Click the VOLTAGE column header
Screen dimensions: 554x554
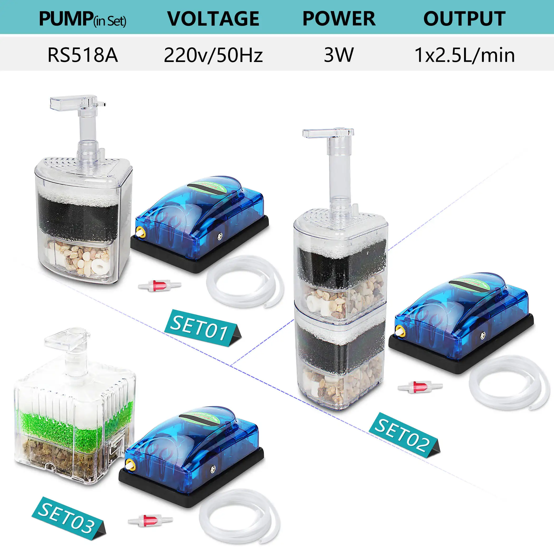pyautogui.click(x=213, y=19)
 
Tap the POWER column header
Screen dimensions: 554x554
pyautogui.click(x=339, y=19)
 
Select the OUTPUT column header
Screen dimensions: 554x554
pyautogui.click(x=464, y=19)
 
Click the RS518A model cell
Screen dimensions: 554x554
pyautogui.click(x=83, y=55)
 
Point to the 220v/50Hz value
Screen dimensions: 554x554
pyautogui.click(x=213, y=55)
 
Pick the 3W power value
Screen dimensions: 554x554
pyautogui.click(x=339, y=55)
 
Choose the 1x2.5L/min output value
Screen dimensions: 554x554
pyautogui.click(x=465, y=55)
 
